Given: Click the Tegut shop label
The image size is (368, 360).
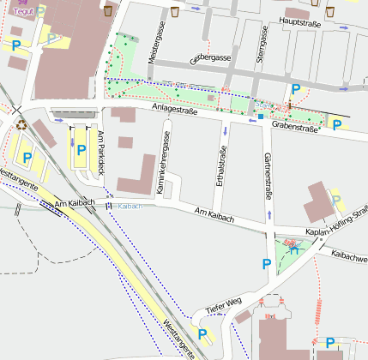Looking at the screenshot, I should point(22,12).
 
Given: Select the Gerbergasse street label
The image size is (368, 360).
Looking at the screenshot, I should point(211,57).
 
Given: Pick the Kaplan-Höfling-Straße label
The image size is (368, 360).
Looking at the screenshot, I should point(336,221).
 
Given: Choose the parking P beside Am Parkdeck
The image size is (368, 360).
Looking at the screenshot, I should point(81,150).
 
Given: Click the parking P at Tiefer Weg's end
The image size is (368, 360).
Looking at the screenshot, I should point(202,333).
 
